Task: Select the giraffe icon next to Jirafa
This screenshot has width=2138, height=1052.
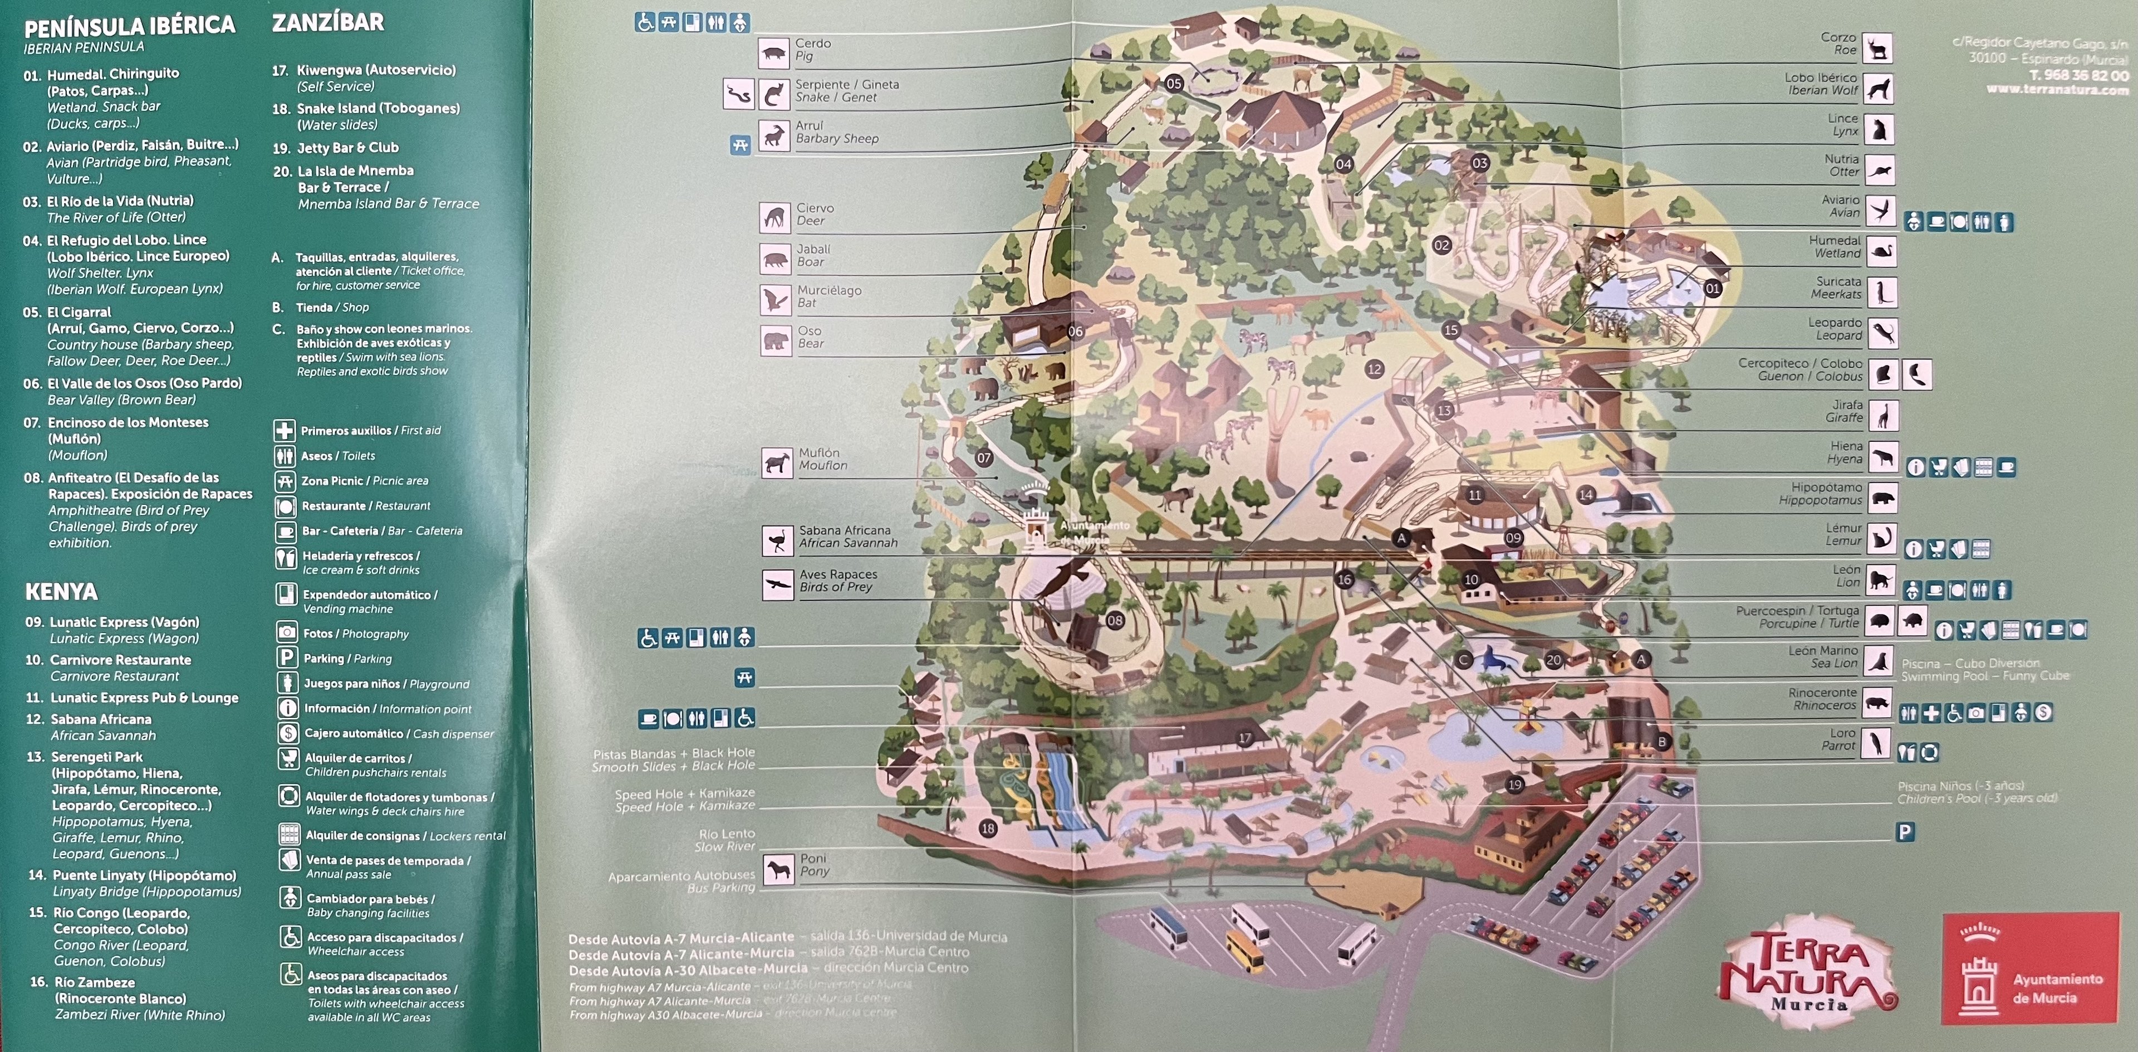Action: [1883, 415]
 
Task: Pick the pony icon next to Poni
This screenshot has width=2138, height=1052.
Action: [778, 869]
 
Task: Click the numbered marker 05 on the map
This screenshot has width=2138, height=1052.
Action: [1174, 83]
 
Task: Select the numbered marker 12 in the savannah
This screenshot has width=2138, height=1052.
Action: [1375, 369]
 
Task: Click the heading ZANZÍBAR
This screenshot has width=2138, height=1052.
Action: [328, 22]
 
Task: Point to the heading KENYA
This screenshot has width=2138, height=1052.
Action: [61, 591]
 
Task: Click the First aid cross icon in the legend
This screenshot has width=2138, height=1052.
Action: [285, 430]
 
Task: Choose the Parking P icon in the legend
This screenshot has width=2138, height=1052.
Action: [286, 657]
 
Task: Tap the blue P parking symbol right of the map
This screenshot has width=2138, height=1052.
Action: [1905, 831]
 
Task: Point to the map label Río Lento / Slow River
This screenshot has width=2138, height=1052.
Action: [726, 840]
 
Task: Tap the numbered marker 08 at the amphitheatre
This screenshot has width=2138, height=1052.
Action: [1115, 620]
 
